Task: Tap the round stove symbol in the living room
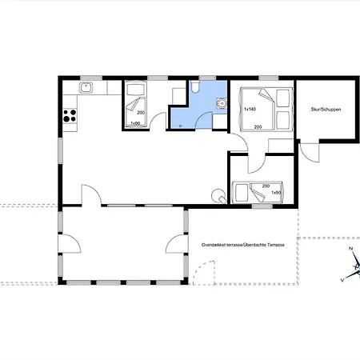point(214,194)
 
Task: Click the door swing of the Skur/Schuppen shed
point(309,150)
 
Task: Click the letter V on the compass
point(342,279)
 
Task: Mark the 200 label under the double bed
point(258,126)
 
